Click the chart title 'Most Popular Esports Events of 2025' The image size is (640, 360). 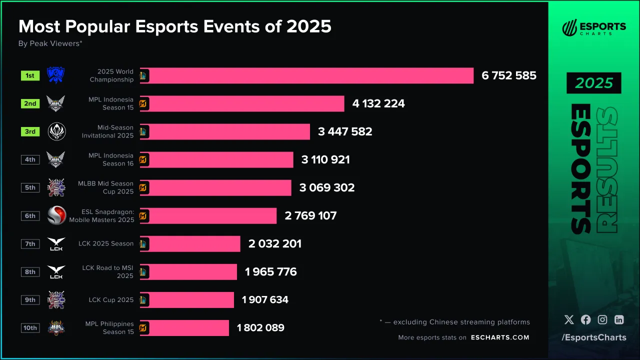click(x=174, y=26)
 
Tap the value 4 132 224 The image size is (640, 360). click(x=378, y=103)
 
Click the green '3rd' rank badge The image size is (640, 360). click(x=30, y=131)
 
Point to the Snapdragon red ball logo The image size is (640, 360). click(x=56, y=215)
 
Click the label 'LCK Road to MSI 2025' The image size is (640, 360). click(x=107, y=271)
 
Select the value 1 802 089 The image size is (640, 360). click(x=260, y=327)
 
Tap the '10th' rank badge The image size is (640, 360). click(x=30, y=327)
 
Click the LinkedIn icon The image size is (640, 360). click(x=619, y=320)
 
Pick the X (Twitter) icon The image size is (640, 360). click(x=568, y=320)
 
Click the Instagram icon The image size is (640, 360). click(x=602, y=320)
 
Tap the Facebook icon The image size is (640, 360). click(x=585, y=320)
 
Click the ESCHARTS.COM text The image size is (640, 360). click(x=500, y=337)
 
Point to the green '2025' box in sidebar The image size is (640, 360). click(x=593, y=83)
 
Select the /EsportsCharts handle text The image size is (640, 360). click(x=593, y=337)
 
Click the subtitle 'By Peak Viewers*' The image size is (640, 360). click(x=50, y=43)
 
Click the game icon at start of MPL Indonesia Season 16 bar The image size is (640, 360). click(x=143, y=160)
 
